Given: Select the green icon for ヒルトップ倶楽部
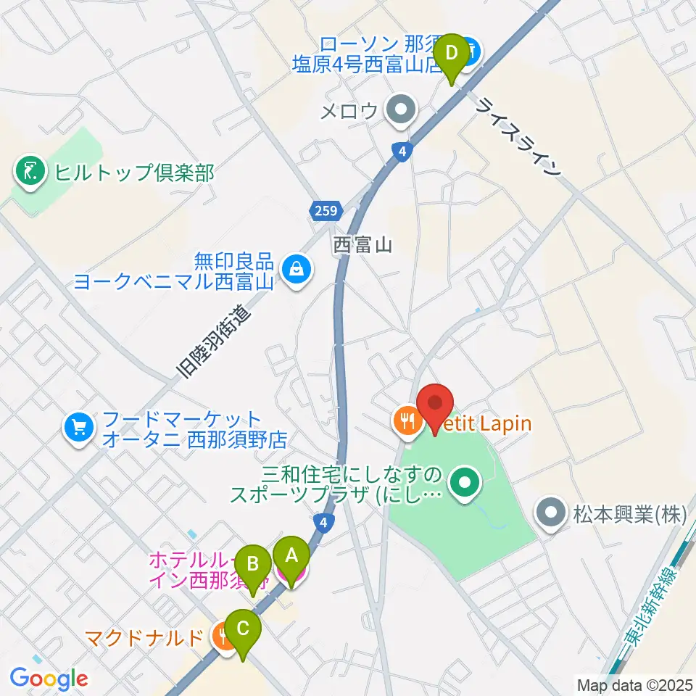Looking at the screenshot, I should [29, 173].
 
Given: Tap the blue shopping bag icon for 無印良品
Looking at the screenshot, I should [297, 269].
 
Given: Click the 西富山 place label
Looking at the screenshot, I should [362, 245].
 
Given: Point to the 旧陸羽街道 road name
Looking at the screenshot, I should [215, 342].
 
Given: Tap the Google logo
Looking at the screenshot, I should [49, 678].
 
